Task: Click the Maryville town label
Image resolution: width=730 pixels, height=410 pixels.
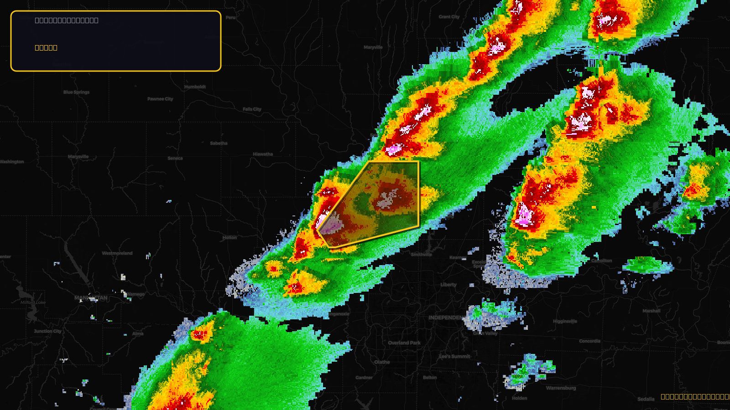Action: (373, 47)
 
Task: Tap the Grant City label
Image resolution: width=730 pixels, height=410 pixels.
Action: (449, 17)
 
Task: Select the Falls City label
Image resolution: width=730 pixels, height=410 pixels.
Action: (252, 109)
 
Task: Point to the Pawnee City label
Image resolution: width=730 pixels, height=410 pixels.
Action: (160, 99)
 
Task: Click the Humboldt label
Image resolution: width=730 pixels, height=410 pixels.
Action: (195, 87)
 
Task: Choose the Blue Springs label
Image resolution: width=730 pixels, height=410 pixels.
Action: (76, 92)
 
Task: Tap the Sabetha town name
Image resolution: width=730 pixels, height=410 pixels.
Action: (219, 143)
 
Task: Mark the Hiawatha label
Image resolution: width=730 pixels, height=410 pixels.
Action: (263, 154)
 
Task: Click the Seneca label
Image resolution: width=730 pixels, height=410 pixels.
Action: (175, 159)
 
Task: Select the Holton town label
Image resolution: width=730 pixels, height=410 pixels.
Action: (229, 237)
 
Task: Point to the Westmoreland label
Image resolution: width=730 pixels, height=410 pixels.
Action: (117, 253)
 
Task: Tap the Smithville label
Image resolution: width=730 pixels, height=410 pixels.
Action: (421, 255)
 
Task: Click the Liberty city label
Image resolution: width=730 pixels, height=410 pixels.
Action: (448, 285)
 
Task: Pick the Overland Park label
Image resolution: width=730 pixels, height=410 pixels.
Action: (404, 343)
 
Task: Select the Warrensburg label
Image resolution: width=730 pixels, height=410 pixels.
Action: (561, 388)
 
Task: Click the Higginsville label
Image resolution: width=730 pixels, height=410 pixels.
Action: (565, 321)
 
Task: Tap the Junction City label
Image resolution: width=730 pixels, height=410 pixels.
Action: (47, 331)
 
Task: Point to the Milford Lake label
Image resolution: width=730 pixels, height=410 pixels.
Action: (33, 302)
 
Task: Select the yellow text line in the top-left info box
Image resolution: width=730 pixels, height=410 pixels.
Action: (46, 47)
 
